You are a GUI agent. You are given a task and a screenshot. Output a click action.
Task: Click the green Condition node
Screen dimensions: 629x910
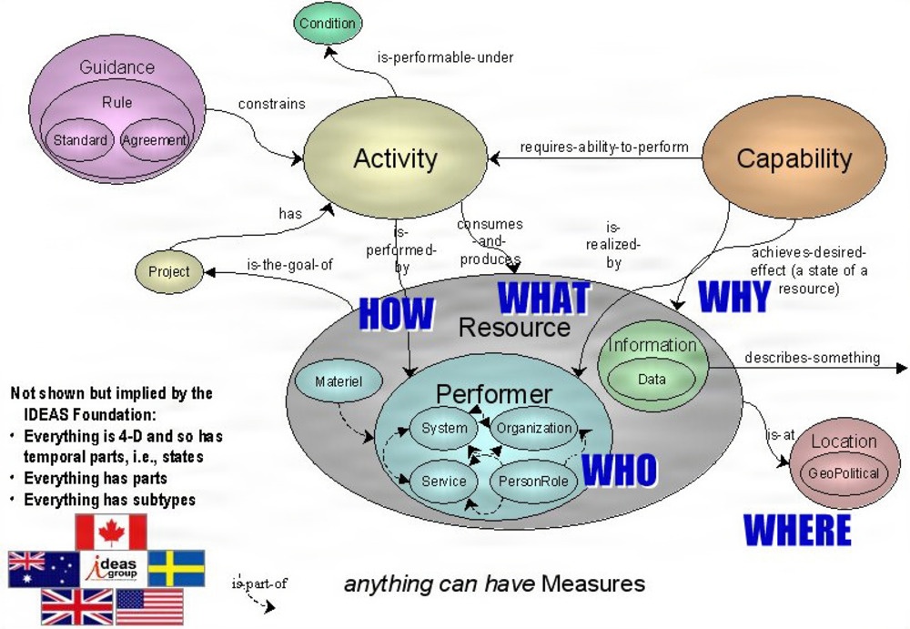pyautogui.click(x=328, y=24)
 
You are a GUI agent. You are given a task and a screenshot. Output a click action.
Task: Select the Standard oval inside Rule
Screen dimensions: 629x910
pyautogui.click(x=80, y=140)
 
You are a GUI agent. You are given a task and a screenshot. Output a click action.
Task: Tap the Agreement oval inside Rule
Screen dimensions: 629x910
pyautogui.click(x=155, y=140)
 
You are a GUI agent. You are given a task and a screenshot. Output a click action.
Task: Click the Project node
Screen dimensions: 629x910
pyautogui.click(x=169, y=271)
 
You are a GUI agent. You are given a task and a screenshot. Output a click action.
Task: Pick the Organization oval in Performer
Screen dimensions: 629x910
pyautogui.click(x=533, y=428)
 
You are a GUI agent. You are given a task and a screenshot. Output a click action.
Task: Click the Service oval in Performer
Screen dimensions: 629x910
pyautogui.click(x=444, y=481)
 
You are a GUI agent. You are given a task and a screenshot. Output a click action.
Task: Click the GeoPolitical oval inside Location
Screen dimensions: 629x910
pyautogui.click(x=844, y=473)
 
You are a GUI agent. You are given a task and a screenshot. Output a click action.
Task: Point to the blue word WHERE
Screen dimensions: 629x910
pyautogui.click(x=797, y=530)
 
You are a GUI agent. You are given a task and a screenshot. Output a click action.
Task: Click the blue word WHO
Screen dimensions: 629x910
pyautogui.click(x=619, y=470)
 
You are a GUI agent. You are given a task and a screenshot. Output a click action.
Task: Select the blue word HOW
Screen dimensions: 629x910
pyautogui.click(x=396, y=313)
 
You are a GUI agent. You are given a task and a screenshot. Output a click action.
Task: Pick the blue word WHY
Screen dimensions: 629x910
pyautogui.click(x=733, y=297)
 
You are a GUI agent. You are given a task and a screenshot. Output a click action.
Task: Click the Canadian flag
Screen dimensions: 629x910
pyautogui.click(x=111, y=532)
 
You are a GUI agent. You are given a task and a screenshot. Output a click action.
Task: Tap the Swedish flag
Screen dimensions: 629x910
pyautogui.click(x=177, y=568)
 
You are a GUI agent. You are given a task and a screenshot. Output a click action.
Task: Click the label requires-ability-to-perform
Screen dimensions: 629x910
pyautogui.click(x=603, y=147)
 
